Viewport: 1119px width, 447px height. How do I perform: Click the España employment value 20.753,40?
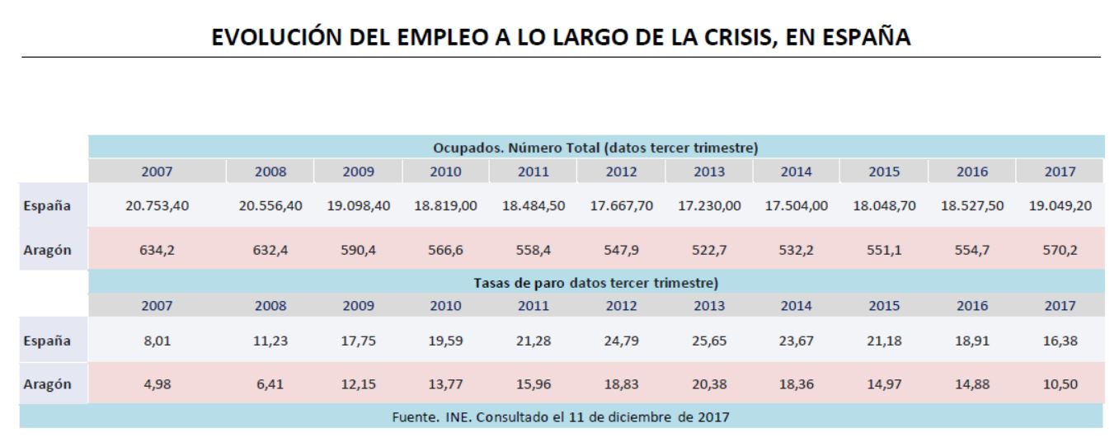tap(157, 206)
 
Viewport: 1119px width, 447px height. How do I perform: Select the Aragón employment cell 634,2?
tap(157, 250)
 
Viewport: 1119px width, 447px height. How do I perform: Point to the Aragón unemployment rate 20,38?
tap(710, 383)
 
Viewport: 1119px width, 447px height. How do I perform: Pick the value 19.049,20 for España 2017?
tap(1060, 206)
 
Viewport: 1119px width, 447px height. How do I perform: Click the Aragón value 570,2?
tap(1060, 250)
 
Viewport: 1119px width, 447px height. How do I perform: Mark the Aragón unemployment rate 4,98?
tap(157, 383)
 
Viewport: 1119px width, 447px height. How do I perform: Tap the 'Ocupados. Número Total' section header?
tap(595, 148)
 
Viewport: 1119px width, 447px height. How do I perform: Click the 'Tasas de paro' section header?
tap(595, 282)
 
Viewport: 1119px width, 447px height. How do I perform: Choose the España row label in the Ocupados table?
tap(52, 206)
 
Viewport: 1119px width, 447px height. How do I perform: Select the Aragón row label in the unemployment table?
tap(52, 383)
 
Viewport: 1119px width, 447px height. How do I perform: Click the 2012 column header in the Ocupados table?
tap(622, 172)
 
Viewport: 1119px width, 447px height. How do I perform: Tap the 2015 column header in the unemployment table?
tap(885, 305)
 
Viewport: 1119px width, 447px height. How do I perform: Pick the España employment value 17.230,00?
tap(710, 206)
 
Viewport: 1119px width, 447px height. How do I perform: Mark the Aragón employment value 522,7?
tap(710, 250)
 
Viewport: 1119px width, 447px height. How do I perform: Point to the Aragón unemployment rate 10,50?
tap(1060, 383)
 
